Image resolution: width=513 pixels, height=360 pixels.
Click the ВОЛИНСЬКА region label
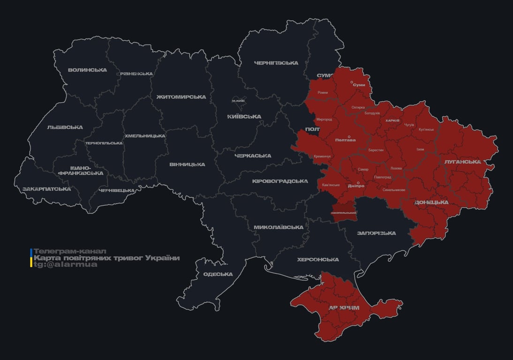pos(87,70)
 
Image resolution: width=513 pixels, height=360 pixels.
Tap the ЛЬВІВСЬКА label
pos(65,127)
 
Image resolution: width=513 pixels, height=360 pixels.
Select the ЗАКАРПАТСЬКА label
pos(47,189)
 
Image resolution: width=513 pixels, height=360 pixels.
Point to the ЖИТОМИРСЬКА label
pos(181,97)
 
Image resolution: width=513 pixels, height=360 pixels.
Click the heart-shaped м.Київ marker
pos(238,101)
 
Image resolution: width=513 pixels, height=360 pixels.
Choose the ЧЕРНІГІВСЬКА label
pos(276,63)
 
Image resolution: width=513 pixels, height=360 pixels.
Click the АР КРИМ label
pos(344,308)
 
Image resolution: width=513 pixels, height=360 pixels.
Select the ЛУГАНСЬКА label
pos(462,162)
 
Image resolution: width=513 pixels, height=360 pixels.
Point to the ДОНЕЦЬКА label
pos(431,202)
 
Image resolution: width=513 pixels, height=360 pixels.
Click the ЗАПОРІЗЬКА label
pos(376,233)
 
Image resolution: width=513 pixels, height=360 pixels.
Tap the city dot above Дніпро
pos(359,183)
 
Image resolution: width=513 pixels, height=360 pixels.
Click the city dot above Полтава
pos(349,137)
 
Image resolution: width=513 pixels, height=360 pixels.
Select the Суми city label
pos(359,85)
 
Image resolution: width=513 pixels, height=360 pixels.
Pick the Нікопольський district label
pos(344,213)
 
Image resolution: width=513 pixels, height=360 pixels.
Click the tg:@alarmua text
pos(66,265)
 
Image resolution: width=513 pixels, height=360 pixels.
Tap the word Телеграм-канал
pos(70,252)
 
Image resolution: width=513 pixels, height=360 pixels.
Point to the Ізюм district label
pos(420,150)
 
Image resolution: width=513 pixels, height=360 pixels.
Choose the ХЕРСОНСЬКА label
pos(317,260)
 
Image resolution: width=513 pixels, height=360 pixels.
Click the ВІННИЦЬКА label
pos(187,165)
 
